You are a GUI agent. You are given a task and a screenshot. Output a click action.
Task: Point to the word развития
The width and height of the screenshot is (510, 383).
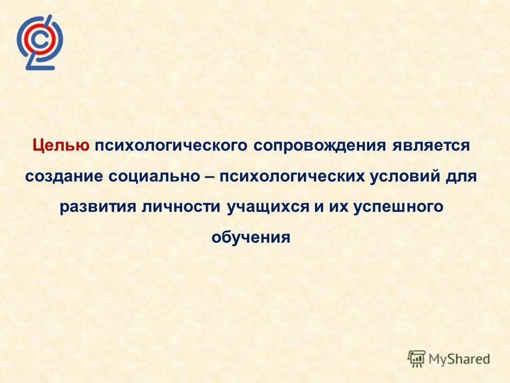[x=98, y=207]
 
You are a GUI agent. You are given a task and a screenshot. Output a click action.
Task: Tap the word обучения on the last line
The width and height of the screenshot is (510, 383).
[x=251, y=237]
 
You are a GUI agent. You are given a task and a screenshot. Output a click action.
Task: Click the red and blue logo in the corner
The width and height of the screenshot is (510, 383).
[x=39, y=42]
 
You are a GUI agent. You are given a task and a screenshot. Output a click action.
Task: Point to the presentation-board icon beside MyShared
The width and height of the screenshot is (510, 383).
[x=417, y=359]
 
